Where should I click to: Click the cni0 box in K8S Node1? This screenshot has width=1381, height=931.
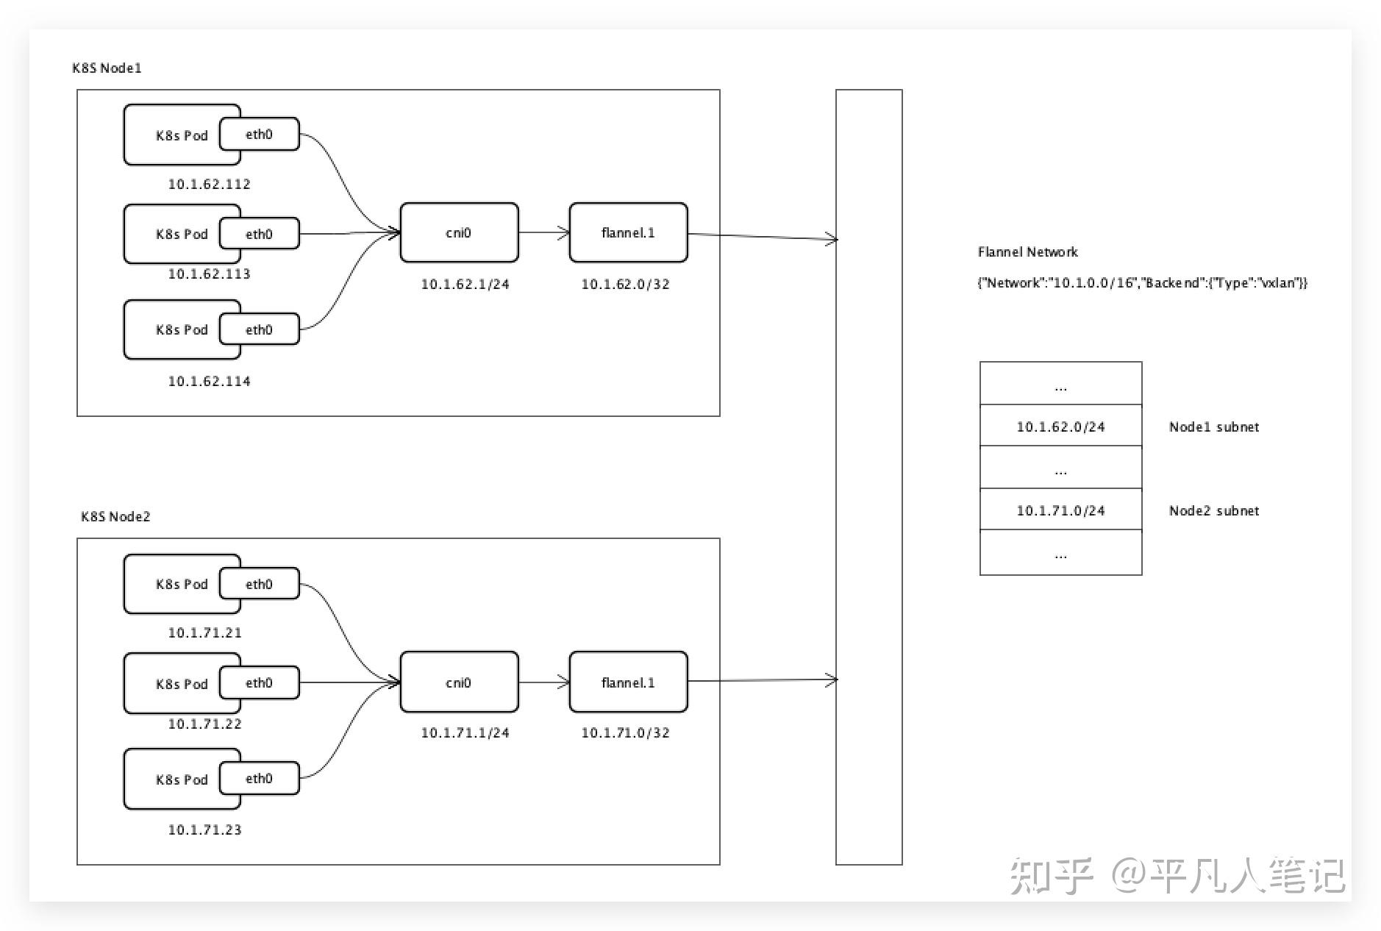pos(459,233)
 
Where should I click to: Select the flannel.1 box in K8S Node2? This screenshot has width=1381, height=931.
pos(628,682)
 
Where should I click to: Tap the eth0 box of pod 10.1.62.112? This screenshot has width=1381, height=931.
pos(259,135)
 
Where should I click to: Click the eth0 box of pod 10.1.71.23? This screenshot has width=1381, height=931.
pos(259,779)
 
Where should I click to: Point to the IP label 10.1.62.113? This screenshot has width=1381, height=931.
pos(209,274)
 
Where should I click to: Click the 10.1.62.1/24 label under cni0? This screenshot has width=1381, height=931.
pos(465,285)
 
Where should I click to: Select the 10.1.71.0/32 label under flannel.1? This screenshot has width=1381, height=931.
pos(625,733)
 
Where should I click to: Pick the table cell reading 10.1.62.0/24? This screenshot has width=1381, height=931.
pos(1060,427)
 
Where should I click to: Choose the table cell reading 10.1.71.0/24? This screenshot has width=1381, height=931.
pos(1060,510)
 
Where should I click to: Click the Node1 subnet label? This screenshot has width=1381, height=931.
pos(1213,427)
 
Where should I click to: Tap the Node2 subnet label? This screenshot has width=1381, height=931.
pos(1213,510)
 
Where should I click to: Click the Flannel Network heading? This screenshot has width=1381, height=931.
pos(1027,252)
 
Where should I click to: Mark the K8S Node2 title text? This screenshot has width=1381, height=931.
pos(115,517)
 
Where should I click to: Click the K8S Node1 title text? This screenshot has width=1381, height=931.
pos(107,68)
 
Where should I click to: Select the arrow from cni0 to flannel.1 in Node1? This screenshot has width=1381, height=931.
pos(543,233)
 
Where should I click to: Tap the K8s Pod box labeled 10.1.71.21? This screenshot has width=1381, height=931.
pos(176,585)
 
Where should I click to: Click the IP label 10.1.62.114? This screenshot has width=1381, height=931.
pos(209,382)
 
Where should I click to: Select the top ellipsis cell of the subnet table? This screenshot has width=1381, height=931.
pos(1060,384)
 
